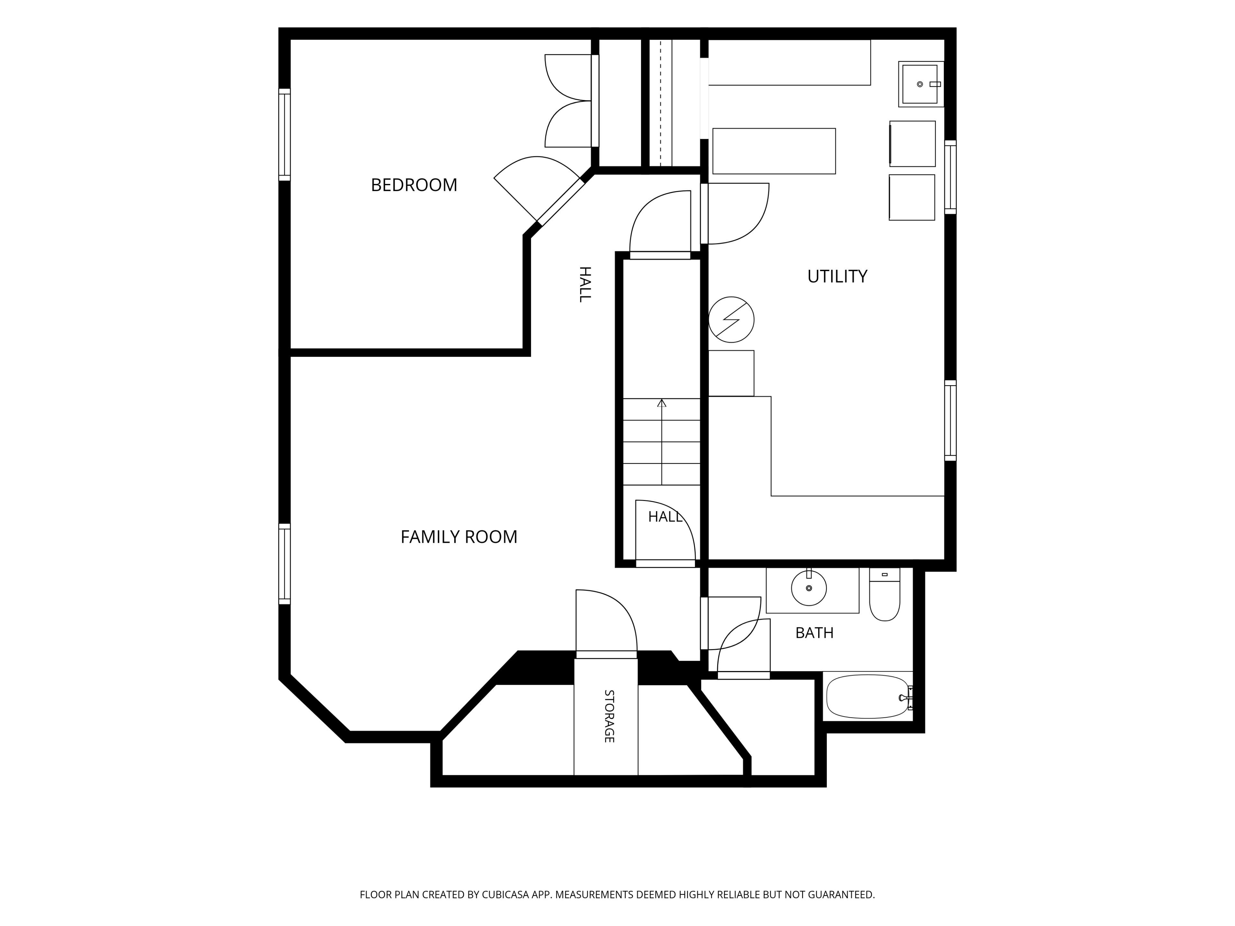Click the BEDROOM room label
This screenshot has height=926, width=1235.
pyautogui.click(x=414, y=185)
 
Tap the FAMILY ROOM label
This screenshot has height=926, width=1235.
pyautogui.click(x=459, y=537)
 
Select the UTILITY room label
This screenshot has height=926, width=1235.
pyautogui.click(x=837, y=276)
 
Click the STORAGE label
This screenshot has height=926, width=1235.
pyautogui.click(x=609, y=716)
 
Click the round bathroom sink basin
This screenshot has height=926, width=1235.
pyautogui.click(x=809, y=588)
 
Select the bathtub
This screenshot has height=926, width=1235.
pyautogui.click(x=868, y=697)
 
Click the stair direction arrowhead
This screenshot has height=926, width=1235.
pyautogui.click(x=662, y=403)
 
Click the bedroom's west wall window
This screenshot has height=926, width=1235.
pyautogui.click(x=285, y=134)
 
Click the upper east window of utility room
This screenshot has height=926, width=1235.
pyautogui.click(x=950, y=177)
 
